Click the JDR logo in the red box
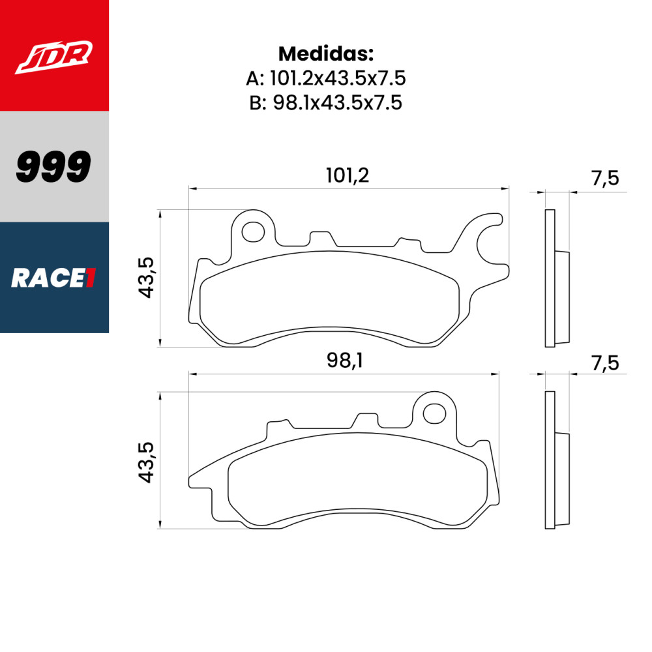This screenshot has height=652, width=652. point(54,57)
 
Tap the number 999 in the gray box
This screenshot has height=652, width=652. point(53,168)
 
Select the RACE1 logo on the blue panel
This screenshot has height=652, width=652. point(53,278)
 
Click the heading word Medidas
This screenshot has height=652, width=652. point(325,53)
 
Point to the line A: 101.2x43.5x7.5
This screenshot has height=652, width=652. point(325,79)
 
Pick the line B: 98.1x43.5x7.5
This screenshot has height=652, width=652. point(325,103)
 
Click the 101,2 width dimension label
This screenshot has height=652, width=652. point(347,175)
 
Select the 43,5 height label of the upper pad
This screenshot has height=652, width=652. point(146,278)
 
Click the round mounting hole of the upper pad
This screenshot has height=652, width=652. point(253,231)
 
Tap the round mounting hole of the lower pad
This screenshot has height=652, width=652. point(433,413)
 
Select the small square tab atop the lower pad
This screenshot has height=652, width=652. point(366,420)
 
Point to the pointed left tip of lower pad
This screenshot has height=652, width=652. point(190,481)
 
